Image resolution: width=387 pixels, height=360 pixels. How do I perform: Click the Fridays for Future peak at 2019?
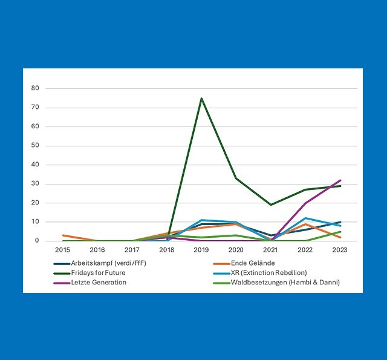click(201, 98)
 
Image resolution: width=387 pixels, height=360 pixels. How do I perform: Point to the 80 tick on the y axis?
click(35, 88)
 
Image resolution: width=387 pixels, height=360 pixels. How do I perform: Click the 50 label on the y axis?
click(35, 146)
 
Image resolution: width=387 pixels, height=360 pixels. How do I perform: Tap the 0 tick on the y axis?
click(37, 241)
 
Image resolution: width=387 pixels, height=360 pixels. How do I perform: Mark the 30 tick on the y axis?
click(35, 184)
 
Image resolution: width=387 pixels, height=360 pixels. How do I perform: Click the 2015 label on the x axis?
click(62, 249)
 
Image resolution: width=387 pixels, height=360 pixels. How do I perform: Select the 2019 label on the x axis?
click(201, 249)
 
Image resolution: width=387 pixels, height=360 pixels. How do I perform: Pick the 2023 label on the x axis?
click(340, 249)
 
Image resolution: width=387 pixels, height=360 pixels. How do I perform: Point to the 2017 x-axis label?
click(132, 249)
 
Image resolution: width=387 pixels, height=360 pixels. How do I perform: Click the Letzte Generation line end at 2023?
click(340, 180)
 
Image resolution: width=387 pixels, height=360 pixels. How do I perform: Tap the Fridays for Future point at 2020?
click(236, 178)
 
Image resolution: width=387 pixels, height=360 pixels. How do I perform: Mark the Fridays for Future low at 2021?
click(271, 205)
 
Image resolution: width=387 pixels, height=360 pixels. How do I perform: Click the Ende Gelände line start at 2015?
click(63, 235)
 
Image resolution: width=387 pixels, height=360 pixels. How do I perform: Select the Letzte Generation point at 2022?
click(306, 203)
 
